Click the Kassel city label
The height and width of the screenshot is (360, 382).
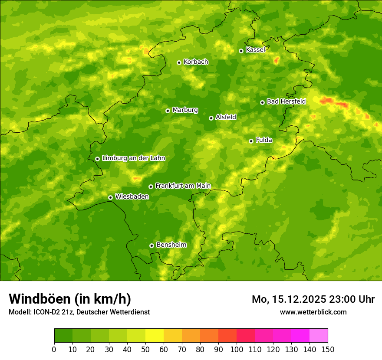(255, 50)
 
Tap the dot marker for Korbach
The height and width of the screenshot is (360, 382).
(179, 62)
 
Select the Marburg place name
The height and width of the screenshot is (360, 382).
(185, 110)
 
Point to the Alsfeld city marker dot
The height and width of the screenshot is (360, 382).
(211, 118)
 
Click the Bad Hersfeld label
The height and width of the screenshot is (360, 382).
(286, 101)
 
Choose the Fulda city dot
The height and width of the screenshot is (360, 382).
(251, 141)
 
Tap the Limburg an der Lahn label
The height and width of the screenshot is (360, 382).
(133, 158)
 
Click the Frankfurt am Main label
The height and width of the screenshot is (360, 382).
(183, 186)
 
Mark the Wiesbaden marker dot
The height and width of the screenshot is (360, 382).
(110, 197)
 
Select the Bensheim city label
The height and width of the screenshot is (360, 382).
(171, 245)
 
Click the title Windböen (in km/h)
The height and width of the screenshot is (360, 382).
(70, 299)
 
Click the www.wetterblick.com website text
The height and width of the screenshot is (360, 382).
(313, 312)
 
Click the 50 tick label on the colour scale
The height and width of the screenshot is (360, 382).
(145, 349)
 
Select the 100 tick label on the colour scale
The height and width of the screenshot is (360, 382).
(237, 349)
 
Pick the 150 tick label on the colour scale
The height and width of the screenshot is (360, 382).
(328, 349)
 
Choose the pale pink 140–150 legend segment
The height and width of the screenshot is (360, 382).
(319, 336)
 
